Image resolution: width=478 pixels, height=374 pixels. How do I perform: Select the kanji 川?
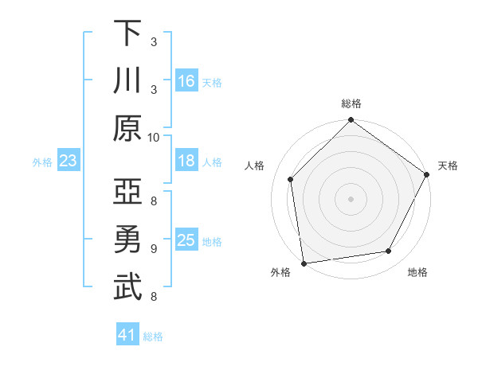click(127, 80)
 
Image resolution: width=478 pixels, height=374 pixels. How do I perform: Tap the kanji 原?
click(127, 128)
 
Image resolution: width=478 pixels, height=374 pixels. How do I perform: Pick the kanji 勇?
click(127, 240)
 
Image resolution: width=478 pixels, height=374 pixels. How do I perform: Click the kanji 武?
click(127, 287)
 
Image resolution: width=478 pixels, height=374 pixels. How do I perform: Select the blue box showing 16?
click(186, 81)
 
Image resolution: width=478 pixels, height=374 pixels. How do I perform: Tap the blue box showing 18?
click(186, 162)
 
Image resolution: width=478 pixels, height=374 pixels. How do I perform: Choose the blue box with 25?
click(186, 241)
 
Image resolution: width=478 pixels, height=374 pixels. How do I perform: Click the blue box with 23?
click(69, 162)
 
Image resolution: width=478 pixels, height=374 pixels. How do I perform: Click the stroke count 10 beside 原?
click(154, 137)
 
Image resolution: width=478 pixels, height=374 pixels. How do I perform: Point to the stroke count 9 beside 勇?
click(154, 248)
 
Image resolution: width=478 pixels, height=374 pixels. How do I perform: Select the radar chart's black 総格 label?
click(351, 103)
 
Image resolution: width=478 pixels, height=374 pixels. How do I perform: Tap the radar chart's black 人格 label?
click(255, 166)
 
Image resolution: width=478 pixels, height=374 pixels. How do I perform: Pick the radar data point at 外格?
click(304, 263)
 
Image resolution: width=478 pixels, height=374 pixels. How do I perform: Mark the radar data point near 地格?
click(389, 251)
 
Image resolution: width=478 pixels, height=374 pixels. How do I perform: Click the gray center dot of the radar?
click(351, 198)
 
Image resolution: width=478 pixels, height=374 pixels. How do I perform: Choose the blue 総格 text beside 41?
click(153, 337)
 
